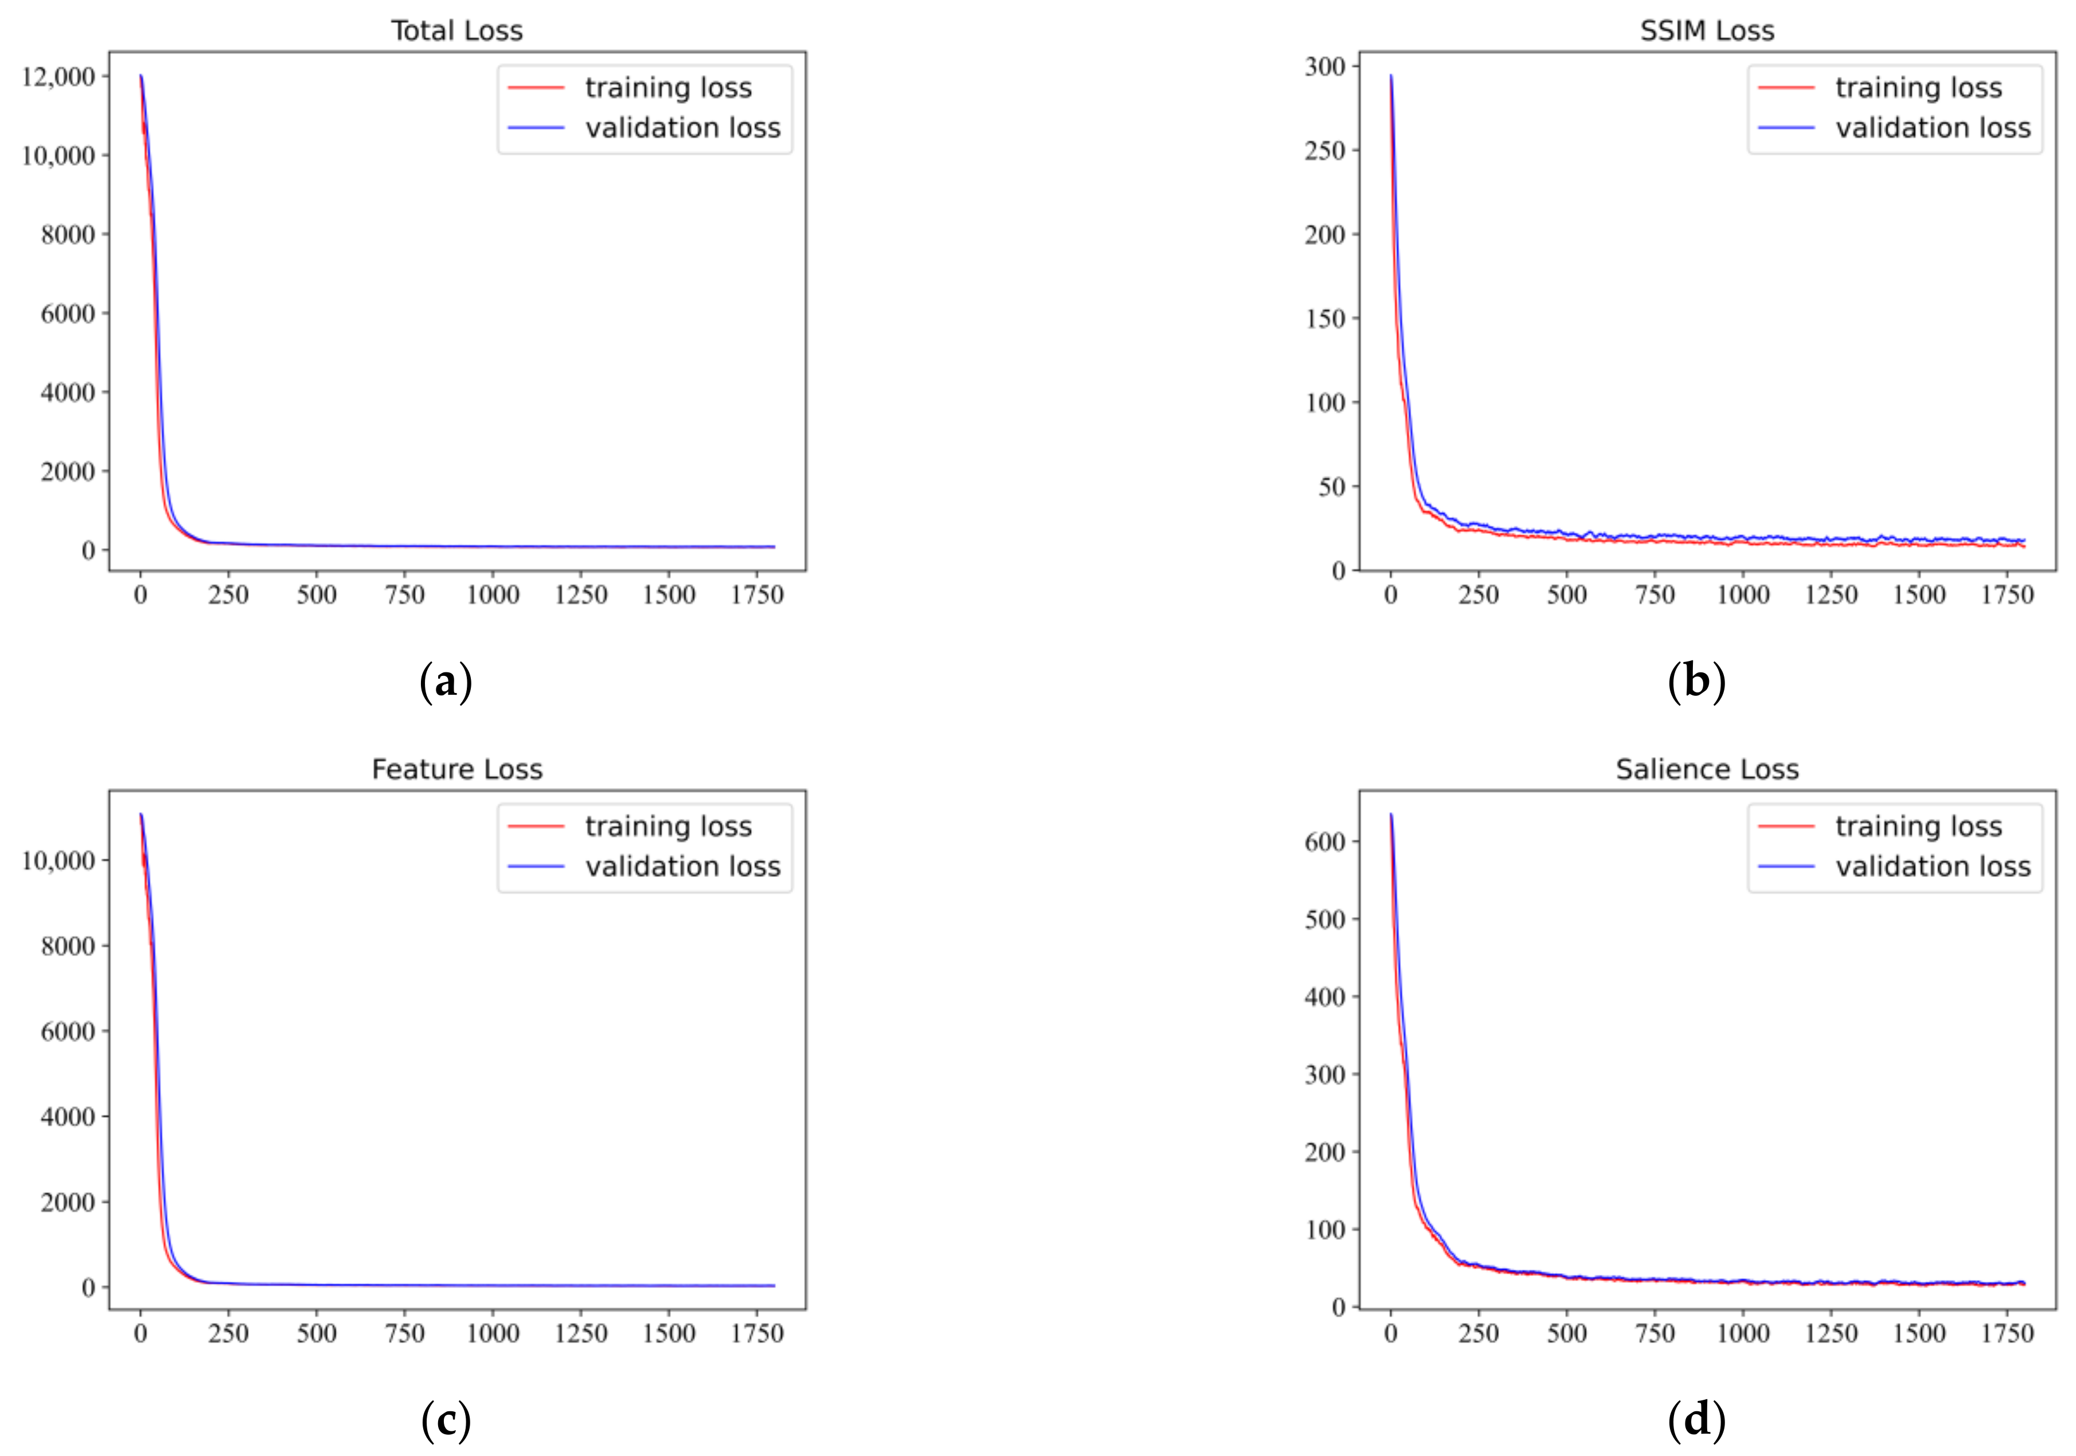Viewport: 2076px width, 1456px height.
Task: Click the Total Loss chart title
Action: point(456,31)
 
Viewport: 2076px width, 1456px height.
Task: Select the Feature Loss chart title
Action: point(456,769)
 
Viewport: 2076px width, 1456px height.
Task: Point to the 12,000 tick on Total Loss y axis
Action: point(58,77)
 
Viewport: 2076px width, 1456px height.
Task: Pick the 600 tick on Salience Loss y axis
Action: point(1325,841)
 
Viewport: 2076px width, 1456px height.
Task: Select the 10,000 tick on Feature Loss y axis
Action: point(58,860)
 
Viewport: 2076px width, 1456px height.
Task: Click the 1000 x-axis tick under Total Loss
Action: point(493,594)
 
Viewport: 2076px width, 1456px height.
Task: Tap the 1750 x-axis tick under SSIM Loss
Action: point(2007,594)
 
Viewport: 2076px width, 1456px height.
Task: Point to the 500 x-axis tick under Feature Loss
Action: point(317,1333)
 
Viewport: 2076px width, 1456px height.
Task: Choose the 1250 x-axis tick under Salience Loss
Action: point(1831,1333)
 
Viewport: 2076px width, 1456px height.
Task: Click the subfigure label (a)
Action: point(446,682)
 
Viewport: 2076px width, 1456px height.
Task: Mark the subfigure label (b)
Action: point(1696,682)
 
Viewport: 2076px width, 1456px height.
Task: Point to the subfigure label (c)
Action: point(446,1421)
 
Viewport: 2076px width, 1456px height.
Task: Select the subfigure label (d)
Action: point(1696,1421)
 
